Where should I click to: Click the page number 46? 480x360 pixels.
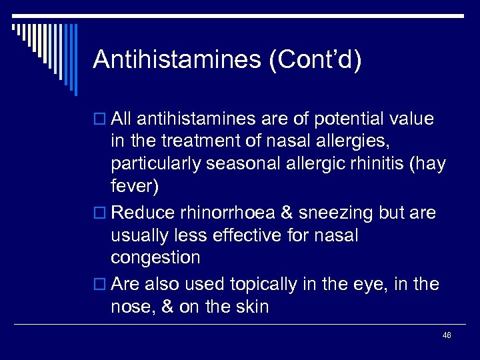click(447, 335)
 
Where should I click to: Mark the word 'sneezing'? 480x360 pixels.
click(331, 213)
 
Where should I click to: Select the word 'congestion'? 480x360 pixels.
click(155, 258)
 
